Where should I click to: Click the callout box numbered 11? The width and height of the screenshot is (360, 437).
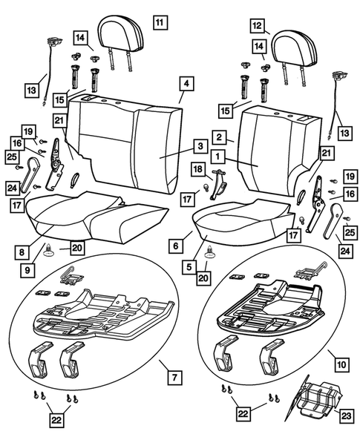tap(160, 22)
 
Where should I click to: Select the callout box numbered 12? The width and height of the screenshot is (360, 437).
tap(258, 26)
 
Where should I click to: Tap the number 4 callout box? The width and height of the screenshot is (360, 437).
tap(187, 85)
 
